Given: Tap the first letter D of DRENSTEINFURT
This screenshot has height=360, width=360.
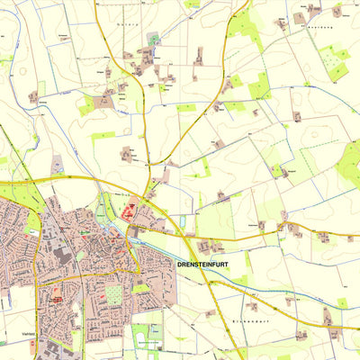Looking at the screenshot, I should pos(181,265).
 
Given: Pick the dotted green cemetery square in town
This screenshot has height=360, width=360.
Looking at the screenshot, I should pos(114,294).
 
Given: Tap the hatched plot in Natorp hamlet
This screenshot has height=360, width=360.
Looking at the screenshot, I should pos(153,40).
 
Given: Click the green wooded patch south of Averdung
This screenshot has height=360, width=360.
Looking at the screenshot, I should pos(337,70).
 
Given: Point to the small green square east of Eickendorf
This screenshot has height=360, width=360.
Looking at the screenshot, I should pos(342,302).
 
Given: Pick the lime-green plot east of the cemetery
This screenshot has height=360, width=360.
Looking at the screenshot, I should pos(140,288).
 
